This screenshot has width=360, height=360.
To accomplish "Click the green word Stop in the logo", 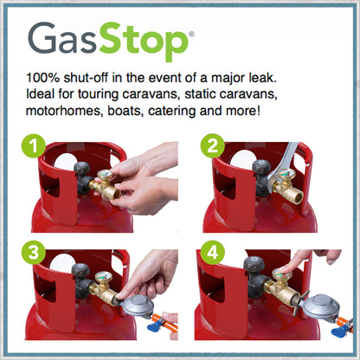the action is [144, 42].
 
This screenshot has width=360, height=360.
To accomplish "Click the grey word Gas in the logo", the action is [61, 38].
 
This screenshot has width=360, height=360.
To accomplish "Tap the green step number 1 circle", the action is [34, 146].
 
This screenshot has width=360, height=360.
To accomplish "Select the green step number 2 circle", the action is [213, 146].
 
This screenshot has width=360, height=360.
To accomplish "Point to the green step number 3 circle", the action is [34, 253].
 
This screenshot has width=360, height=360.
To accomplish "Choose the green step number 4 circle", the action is [213, 253].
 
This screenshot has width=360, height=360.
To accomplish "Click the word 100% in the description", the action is [42, 78].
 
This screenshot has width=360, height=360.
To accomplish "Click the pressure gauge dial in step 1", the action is [105, 176].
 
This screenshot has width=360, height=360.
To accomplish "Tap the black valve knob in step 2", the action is [261, 167].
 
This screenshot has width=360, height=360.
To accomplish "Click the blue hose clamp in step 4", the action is [340, 331].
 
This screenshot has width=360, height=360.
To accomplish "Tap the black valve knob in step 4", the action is [254, 264].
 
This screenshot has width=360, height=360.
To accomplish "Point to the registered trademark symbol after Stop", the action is [191, 34].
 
